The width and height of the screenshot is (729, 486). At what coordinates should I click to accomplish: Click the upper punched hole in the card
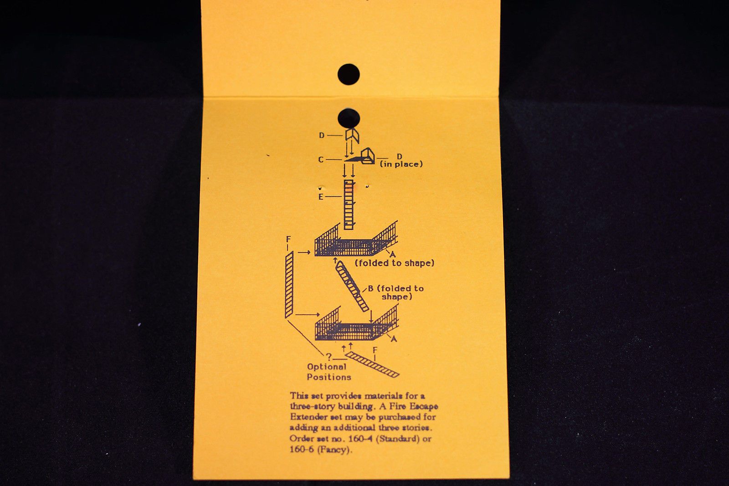tap(349, 74)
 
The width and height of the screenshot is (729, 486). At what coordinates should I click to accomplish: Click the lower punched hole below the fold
tap(349, 118)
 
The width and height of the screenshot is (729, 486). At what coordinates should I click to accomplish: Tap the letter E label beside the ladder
tap(321, 197)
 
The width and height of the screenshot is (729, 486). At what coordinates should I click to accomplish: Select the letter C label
tap(321, 159)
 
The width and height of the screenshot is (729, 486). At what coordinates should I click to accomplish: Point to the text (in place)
tap(401, 164)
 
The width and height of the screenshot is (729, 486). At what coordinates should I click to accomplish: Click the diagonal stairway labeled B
tap(352, 286)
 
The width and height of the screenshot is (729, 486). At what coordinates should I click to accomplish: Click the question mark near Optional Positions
tap(329, 356)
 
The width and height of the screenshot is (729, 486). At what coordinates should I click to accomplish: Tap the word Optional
tap(327, 367)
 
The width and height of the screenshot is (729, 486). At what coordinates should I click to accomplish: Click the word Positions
tap(329, 377)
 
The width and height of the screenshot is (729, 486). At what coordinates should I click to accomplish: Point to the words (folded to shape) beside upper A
tap(395, 263)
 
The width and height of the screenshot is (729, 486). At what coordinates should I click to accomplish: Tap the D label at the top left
tap(322, 135)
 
